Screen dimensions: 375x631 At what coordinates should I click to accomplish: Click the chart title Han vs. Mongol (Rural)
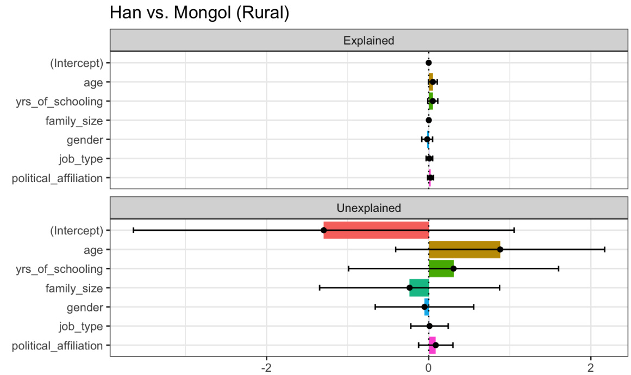point(199,12)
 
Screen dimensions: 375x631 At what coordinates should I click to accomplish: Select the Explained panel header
point(368,40)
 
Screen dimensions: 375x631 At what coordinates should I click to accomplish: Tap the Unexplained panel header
point(368,208)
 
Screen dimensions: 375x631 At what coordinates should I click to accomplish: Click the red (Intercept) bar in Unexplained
point(375,230)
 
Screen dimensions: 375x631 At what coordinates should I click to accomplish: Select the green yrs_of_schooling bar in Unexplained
point(441,268)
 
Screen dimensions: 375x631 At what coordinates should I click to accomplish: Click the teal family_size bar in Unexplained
point(418,287)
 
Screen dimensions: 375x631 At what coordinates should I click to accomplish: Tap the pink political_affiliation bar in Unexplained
point(432,345)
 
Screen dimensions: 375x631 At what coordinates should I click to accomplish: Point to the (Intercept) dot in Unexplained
point(324,230)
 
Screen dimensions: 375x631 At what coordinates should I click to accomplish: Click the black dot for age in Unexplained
point(500,249)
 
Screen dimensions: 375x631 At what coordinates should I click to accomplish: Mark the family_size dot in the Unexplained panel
point(410,287)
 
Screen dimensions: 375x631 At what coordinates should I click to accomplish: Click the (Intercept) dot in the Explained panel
point(428,62)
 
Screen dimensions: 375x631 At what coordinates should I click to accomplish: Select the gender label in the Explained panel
point(85,140)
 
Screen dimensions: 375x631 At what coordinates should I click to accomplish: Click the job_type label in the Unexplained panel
point(81,326)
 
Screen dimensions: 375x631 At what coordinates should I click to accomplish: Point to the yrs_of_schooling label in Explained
point(59,101)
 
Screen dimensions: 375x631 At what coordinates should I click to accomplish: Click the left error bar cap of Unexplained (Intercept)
point(133,230)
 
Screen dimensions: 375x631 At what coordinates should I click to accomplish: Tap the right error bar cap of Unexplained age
point(604,249)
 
